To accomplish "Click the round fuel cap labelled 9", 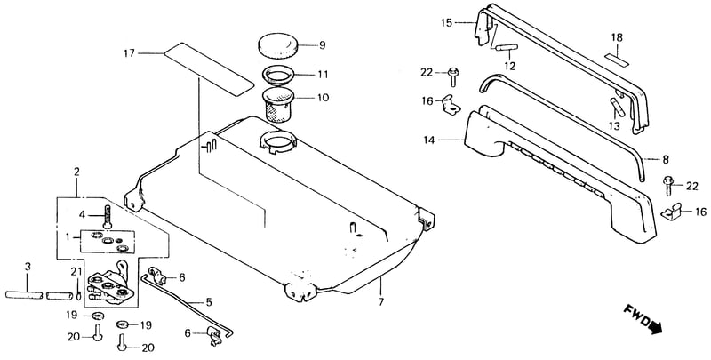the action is (x=277, y=45).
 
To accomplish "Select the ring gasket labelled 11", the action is (x=277, y=74).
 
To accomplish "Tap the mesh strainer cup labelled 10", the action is (x=277, y=105).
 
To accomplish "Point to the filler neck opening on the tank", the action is (x=277, y=140).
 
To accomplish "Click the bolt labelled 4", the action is (x=107, y=217).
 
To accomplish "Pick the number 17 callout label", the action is (x=129, y=53).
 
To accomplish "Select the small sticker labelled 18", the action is (x=617, y=59).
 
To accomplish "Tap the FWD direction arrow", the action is (x=643, y=321).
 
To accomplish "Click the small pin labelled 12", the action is (x=506, y=48).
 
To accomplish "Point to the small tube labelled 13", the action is (x=617, y=107).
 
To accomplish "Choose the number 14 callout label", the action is (x=429, y=140).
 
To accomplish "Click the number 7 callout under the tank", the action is (x=381, y=301).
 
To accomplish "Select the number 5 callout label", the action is (x=209, y=301).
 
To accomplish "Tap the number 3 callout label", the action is (x=28, y=267).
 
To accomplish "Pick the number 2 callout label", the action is (x=76, y=172).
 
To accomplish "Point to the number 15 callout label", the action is (x=447, y=23).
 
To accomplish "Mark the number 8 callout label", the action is (x=665, y=160).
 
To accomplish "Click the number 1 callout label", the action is (x=68, y=236).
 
